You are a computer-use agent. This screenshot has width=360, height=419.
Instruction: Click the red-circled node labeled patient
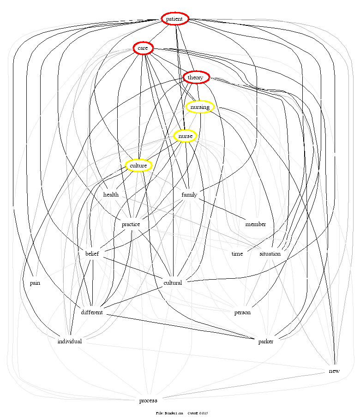175,18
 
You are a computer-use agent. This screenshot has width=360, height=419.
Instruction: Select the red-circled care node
143,48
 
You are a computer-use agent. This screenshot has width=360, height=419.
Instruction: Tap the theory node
196,78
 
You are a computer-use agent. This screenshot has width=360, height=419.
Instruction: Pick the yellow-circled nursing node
200,107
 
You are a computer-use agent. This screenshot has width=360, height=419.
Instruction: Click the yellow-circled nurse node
185,136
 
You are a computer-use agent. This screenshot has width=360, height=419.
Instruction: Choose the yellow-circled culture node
138,166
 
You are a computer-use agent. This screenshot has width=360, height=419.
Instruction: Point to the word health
111,195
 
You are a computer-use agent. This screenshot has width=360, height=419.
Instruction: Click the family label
189,195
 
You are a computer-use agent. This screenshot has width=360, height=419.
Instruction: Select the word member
256,224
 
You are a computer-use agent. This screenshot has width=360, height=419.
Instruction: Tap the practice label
131,224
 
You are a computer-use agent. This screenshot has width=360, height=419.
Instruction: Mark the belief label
93,254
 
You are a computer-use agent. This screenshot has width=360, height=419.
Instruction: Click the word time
237,254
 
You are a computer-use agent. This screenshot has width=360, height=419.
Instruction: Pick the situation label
270,254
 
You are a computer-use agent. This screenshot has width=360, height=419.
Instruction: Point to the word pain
35,283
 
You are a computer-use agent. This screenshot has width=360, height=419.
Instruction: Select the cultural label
173,283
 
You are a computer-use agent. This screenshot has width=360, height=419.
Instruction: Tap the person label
242,312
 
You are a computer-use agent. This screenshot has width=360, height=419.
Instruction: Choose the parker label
266,341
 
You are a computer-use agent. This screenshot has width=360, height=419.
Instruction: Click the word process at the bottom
148,401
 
